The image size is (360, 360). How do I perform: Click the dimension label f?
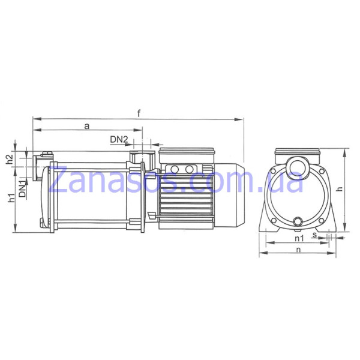139,113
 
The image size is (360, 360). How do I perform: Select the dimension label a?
87,126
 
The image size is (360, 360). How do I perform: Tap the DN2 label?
119,139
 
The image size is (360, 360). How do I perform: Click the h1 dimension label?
11,198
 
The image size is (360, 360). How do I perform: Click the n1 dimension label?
299,239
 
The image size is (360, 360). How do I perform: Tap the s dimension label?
314,235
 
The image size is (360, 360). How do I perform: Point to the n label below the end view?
298,250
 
